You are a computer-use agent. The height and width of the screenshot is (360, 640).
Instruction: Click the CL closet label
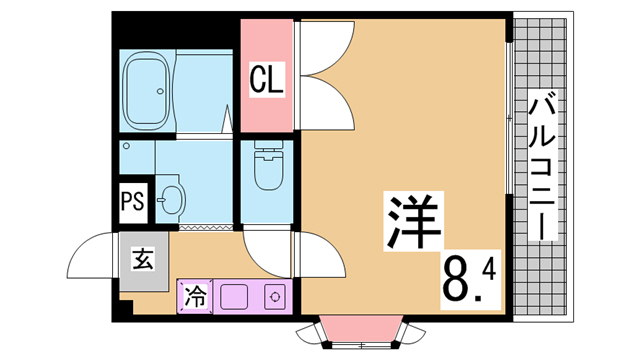[x=267, y=80]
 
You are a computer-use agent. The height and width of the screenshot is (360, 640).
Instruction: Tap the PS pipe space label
[x=133, y=202]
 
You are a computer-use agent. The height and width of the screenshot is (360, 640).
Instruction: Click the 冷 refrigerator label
[x=195, y=296]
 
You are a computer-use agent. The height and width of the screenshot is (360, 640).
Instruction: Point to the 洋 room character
[x=413, y=222]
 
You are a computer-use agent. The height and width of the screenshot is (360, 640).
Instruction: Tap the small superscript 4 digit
[x=488, y=270]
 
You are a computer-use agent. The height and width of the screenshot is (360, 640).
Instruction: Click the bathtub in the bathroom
[x=147, y=91]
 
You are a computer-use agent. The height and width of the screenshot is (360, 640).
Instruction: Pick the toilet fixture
[x=268, y=165]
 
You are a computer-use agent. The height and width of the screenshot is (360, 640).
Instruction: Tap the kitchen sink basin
[x=234, y=297]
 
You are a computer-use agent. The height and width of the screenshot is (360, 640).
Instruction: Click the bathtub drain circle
[x=161, y=91]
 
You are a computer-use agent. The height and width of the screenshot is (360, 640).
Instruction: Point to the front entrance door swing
[x=92, y=255]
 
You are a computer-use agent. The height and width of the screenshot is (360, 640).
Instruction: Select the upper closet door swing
[x=327, y=48]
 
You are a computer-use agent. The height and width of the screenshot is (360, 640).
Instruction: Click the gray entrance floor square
[x=144, y=261]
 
